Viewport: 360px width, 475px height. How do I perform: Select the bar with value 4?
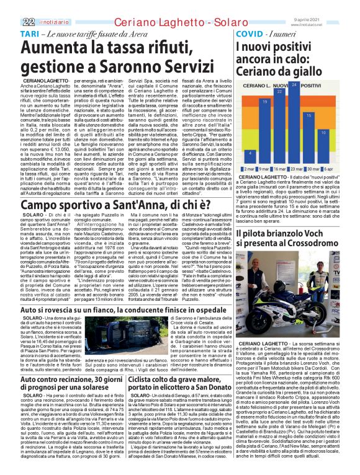[249, 156]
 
